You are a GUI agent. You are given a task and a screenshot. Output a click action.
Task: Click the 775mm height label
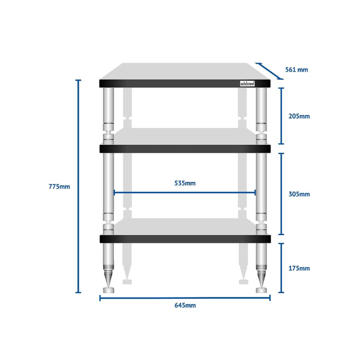pos(59,186)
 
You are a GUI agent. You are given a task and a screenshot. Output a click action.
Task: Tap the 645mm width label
pos(185,306)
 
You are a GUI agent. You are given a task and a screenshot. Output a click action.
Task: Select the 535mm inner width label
pos(185,183)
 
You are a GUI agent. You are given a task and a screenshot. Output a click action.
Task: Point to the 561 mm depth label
pos(297,70)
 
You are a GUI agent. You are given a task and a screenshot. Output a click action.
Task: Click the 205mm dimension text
pos(299,116)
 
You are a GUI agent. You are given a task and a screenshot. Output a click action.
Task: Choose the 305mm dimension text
pos(299,194)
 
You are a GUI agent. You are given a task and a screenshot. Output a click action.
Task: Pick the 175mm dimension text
pos(299,268)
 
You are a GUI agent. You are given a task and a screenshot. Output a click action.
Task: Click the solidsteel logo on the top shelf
pos(247,84)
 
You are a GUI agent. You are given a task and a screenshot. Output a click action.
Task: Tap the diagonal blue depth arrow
pos(269,71)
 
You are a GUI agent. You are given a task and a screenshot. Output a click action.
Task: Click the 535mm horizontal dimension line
pos(184,193)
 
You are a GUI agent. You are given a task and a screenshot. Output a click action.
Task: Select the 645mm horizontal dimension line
pos(185,298)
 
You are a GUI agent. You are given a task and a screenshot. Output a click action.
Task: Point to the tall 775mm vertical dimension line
pos(78,186)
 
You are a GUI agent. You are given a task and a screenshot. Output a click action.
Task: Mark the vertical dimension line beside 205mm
pos(281,116)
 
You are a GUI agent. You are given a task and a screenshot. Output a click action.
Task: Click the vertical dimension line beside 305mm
pos(281,194)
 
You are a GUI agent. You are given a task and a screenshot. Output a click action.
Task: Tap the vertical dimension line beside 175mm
pos(281,268)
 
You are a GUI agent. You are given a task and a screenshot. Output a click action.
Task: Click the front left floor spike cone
pos(108,279)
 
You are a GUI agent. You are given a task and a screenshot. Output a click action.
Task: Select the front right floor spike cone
pos(261,279)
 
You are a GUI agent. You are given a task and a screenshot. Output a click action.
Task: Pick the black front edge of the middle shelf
pos(185,149)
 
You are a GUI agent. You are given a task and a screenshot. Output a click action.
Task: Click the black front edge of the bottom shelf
pos(185,239)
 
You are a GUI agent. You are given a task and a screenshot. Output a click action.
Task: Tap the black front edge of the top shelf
pos(185,84)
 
